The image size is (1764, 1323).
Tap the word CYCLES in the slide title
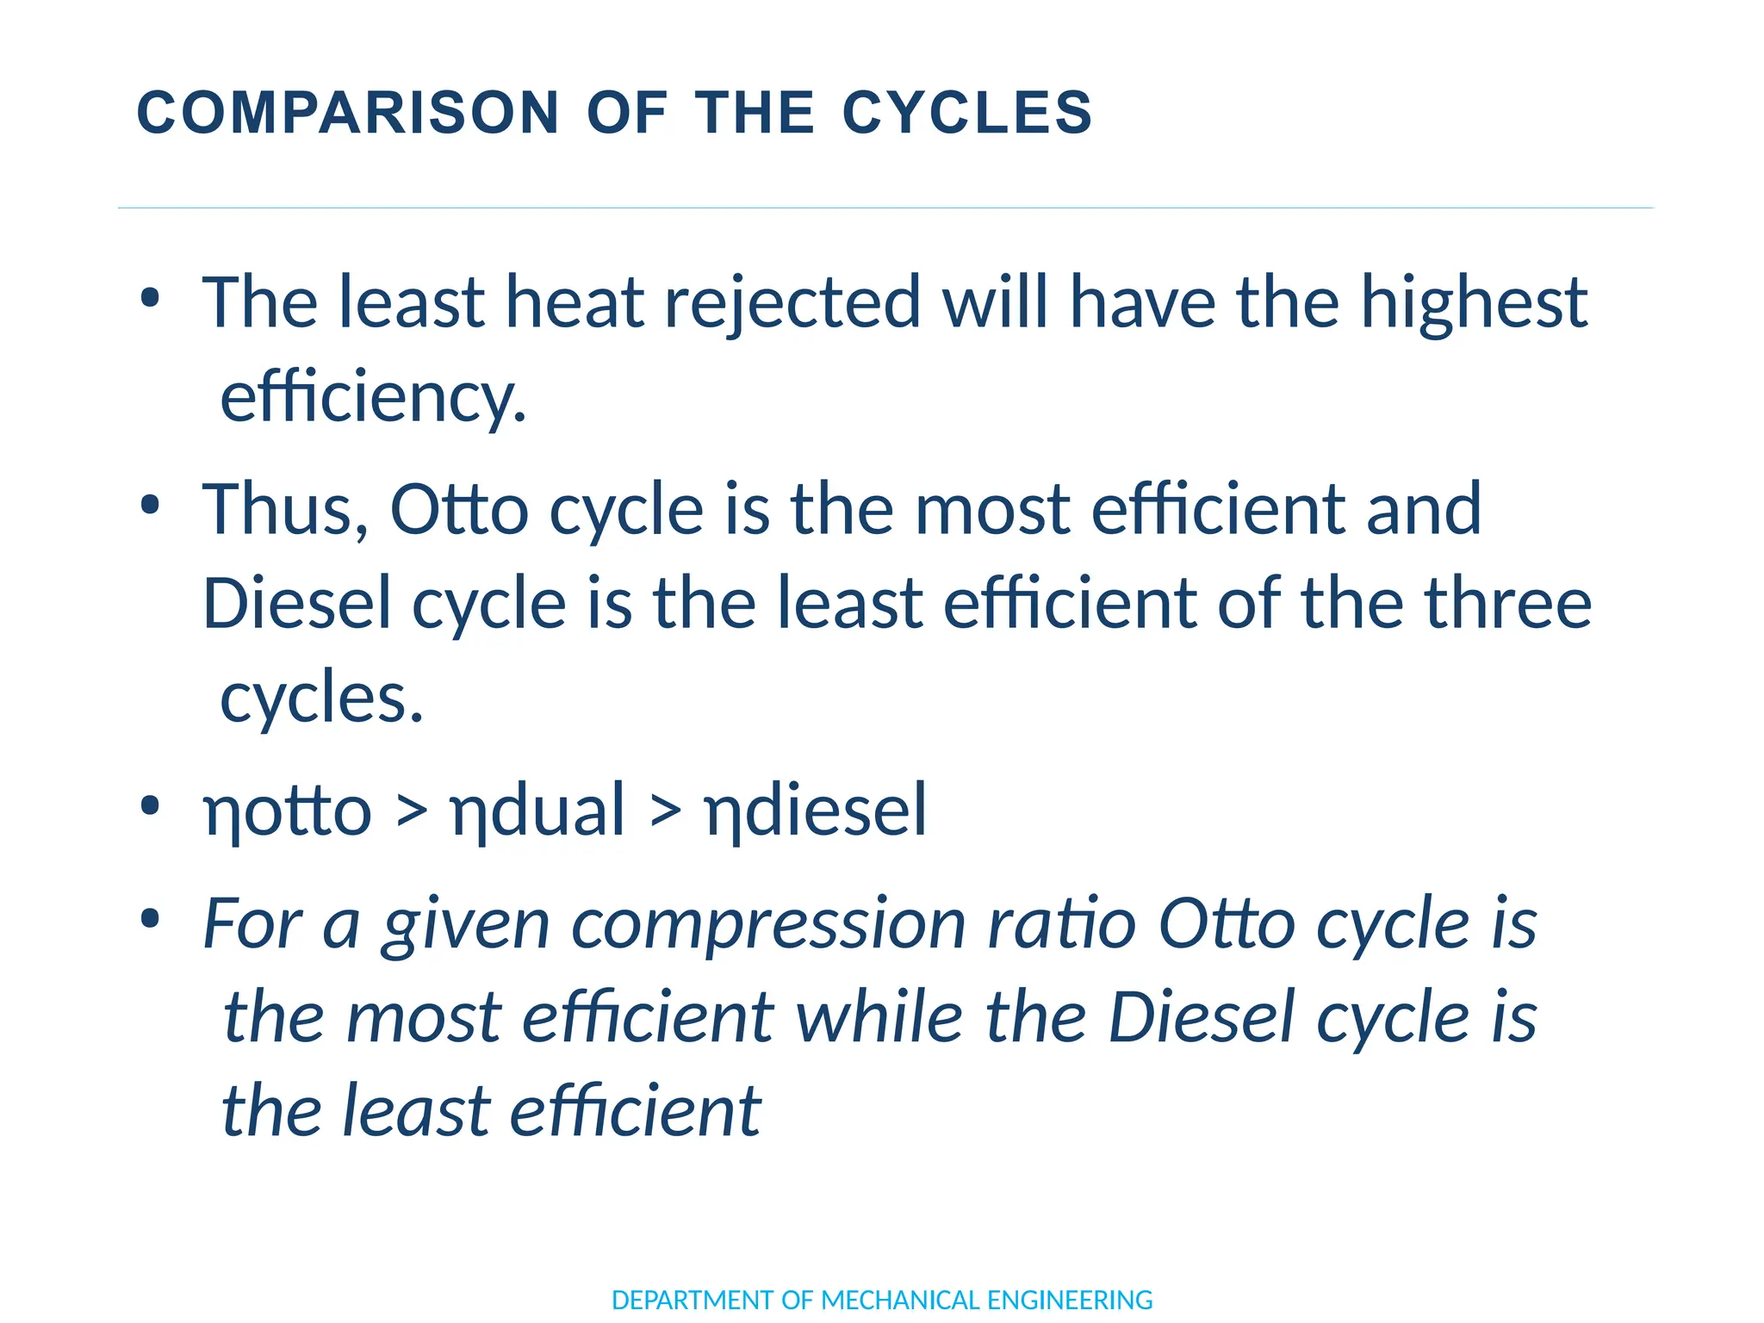(x=967, y=113)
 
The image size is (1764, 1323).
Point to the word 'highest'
(x=1474, y=302)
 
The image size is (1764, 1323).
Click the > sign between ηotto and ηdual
(x=412, y=811)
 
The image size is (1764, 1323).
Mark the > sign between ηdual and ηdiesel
(x=665, y=811)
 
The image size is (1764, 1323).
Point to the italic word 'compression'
(x=768, y=924)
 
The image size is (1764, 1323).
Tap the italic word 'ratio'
(x=1062, y=924)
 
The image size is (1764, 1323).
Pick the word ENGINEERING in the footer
(x=1070, y=1300)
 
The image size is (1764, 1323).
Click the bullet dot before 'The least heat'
(x=150, y=298)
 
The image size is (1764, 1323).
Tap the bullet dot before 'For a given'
(x=150, y=919)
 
